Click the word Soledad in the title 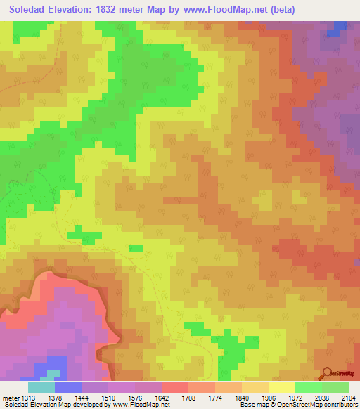[32, 9]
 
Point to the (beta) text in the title [281, 9]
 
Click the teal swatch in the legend [41, 387]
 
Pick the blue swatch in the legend [68, 387]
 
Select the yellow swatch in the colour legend [282, 387]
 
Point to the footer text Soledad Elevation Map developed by [53, 405]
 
